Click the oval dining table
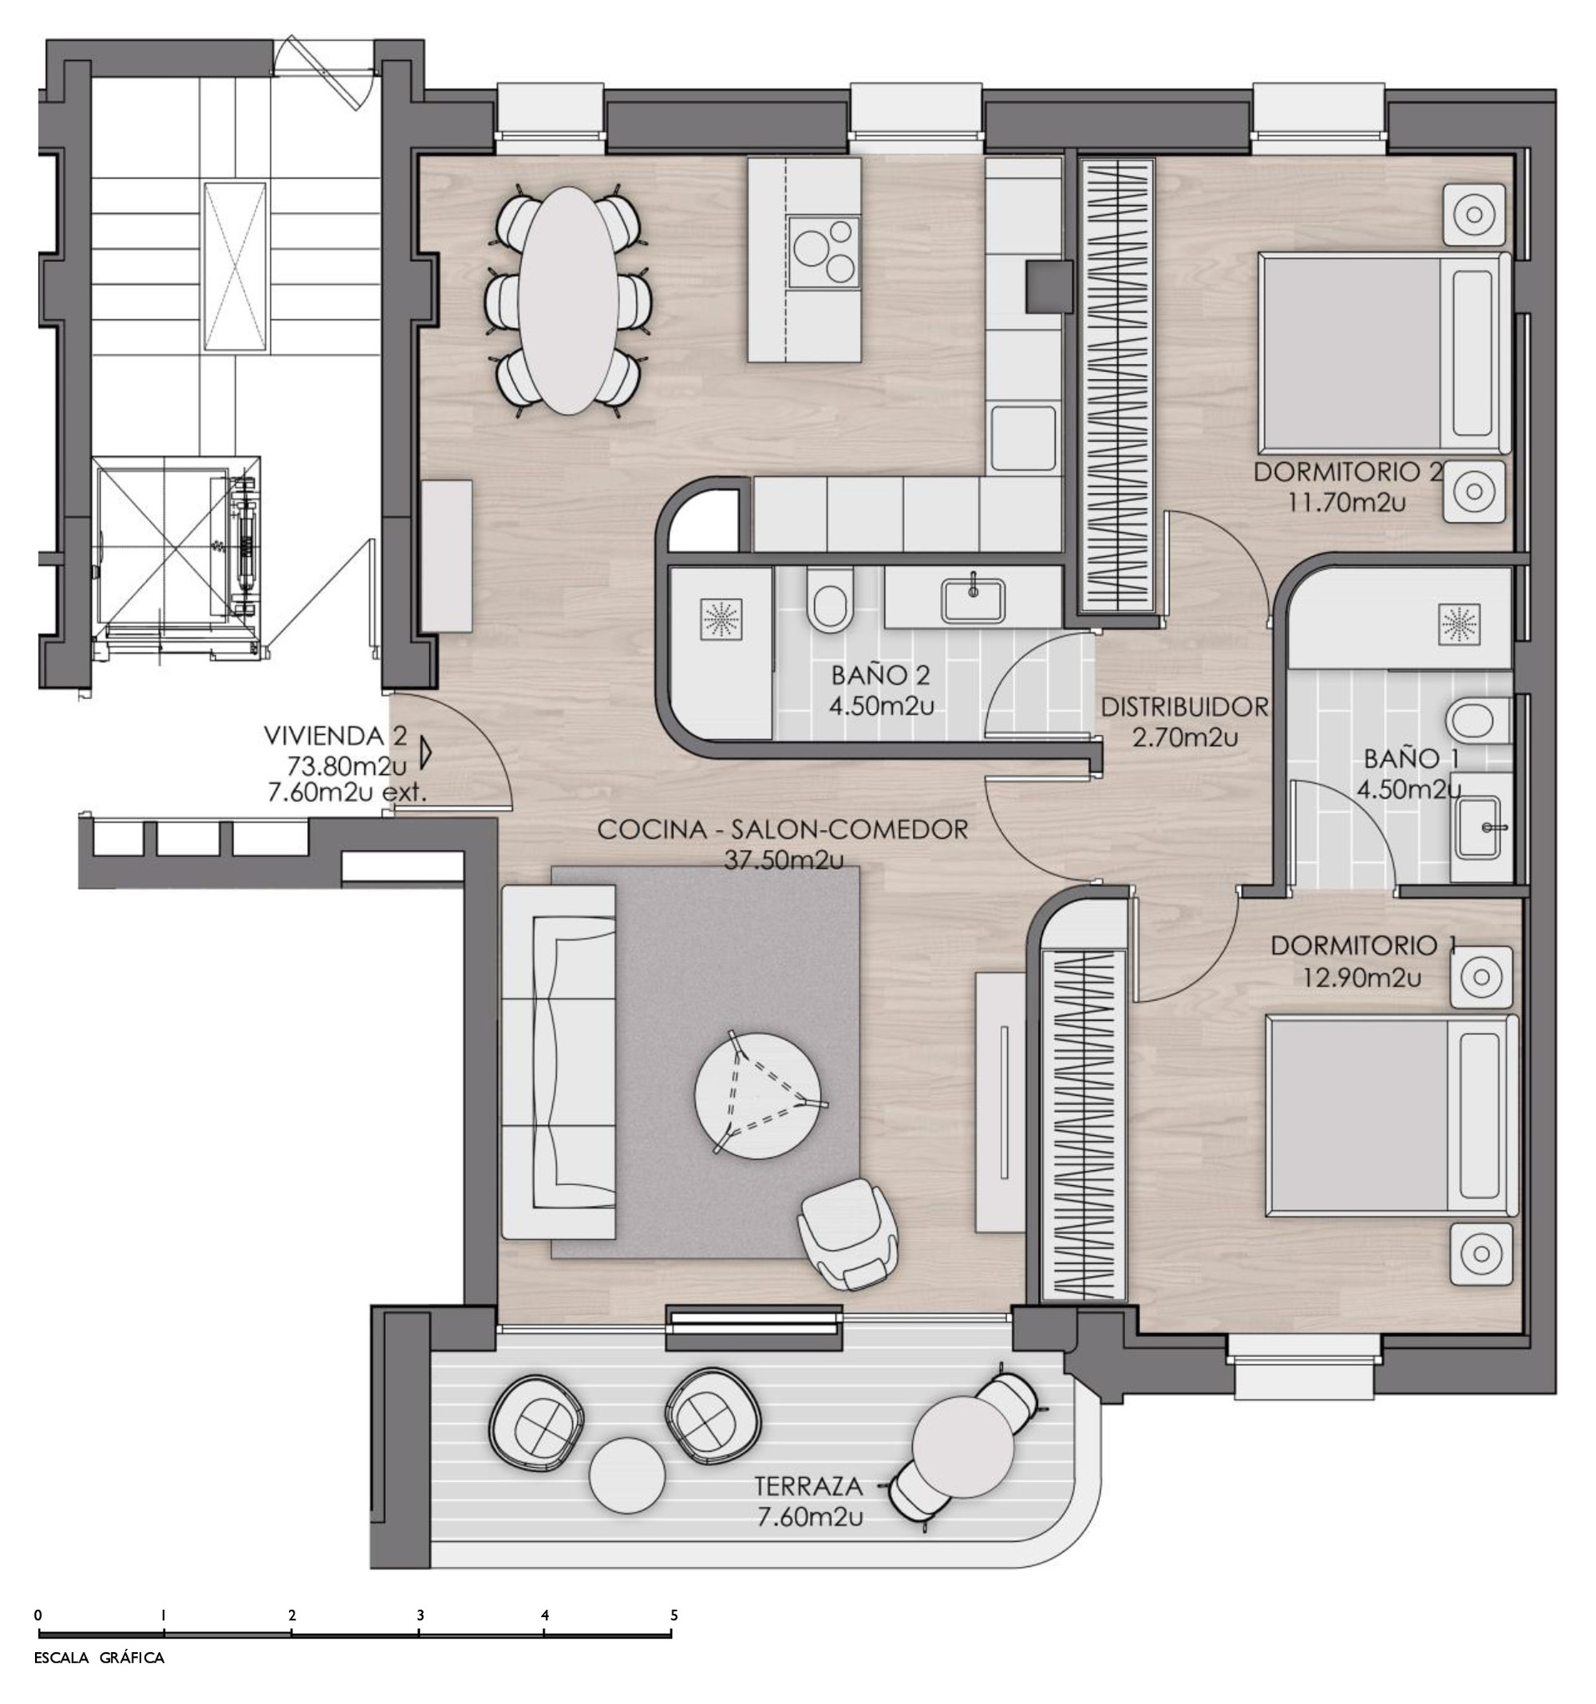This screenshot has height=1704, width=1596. coord(569,301)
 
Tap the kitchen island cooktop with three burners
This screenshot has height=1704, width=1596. coord(824,251)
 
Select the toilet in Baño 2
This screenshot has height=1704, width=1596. coord(831,599)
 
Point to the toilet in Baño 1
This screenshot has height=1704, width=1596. coord(1477,718)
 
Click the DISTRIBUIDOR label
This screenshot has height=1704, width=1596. coord(1183,707)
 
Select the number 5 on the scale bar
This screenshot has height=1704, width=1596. coord(674,1615)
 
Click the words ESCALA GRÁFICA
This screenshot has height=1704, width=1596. coord(100,1682)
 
